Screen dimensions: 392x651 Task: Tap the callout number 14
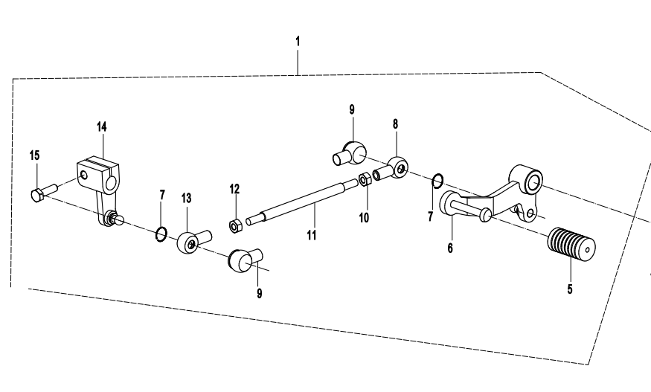tap(102, 127)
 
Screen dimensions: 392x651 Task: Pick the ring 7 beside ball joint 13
tap(161, 235)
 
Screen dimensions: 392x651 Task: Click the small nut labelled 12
tap(233, 225)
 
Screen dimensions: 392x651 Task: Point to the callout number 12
tap(234, 190)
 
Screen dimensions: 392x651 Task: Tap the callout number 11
tap(312, 235)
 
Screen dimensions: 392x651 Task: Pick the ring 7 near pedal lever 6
tap(439, 179)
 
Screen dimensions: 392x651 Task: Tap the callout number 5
tap(570, 289)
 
